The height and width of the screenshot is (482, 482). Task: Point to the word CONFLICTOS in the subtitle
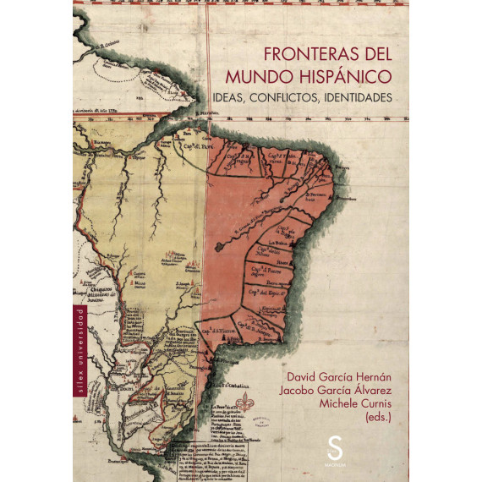[307, 98]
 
